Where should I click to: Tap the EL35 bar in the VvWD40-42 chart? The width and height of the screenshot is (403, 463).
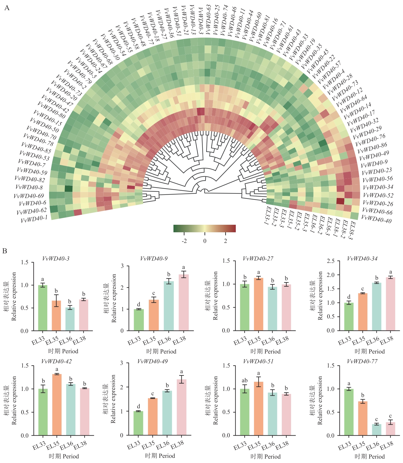click(57, 405)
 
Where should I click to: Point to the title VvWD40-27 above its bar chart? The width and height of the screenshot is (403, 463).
click(258, 258)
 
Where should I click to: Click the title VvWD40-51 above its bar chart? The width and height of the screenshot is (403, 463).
click(258, 362)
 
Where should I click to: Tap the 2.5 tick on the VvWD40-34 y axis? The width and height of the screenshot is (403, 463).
click(331, 261)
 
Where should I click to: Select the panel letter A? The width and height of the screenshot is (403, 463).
click(7, 8)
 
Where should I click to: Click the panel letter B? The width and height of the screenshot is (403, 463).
click(5, 251)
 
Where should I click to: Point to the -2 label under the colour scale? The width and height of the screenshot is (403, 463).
click(184, 241)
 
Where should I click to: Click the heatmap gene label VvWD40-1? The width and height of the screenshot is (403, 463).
click(34, 219)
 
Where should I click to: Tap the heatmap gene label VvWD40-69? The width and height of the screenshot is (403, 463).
click(29, 196)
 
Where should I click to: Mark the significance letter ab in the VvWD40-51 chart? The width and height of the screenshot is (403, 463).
click(245, 381)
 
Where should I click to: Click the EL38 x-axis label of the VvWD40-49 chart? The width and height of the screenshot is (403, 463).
click(177, 445)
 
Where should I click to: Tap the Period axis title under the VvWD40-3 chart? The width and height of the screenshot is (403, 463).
click(63, 351)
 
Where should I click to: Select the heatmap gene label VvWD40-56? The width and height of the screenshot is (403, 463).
click(378, 179)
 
